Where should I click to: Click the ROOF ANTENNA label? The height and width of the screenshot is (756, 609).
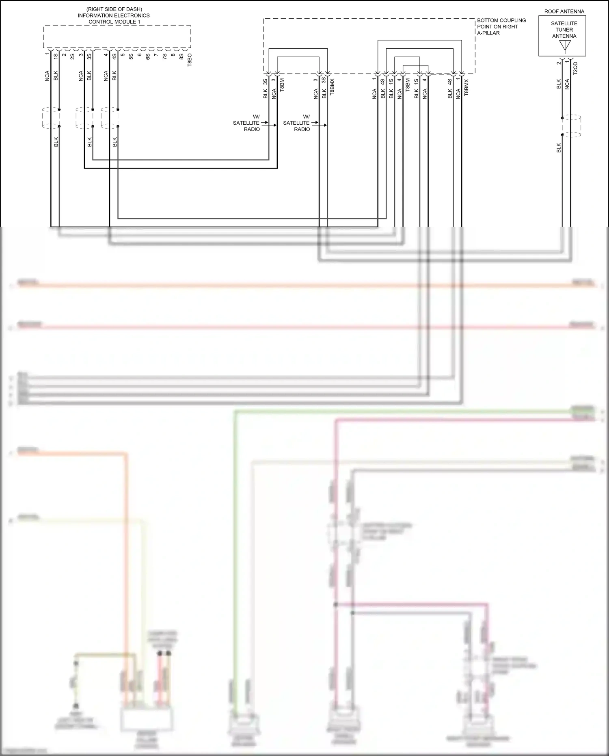[x=564, y=11]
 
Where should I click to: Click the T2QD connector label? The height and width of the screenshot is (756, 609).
[x=575, y=68]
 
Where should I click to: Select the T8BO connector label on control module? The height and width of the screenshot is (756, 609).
[x=190, y=60]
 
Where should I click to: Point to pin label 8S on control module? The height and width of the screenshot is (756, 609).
[x=181, y=56]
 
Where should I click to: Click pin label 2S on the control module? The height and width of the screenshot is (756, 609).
[x=72, y=56]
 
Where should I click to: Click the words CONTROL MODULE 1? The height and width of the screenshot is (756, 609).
[x=114, y=22]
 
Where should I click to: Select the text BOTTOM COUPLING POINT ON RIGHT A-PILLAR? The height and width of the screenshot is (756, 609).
[x=501, y=26]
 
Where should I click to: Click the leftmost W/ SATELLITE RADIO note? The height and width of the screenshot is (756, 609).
[x=246, y=123]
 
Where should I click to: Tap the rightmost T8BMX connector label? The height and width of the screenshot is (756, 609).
[x=466, y=87]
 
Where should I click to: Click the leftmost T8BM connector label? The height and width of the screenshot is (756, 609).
[x=282, y=84]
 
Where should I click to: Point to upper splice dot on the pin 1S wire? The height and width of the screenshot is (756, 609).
[x=59, y=109]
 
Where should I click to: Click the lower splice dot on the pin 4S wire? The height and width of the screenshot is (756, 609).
[x=118, y=126]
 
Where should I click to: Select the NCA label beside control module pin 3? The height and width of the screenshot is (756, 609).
[x=81, y=76]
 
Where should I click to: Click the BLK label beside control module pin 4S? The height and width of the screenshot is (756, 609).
[x=114, y=76]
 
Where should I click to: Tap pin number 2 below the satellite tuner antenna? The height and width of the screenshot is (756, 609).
[x=559, y=63]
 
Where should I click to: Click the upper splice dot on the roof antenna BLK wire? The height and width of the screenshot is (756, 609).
[x=562, y=118]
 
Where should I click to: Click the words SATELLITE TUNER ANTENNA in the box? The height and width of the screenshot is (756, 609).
[x=564, y=30]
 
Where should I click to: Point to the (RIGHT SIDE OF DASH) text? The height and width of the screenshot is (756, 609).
[x=114, y=9]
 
